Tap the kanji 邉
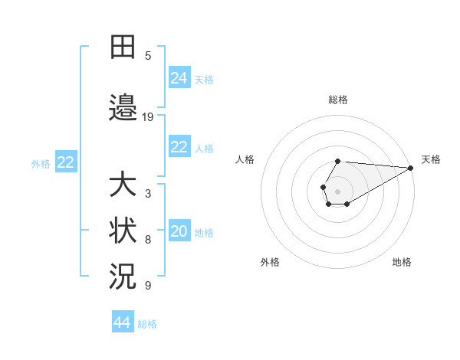[x=123, y=106]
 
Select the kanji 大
[x=123, y=185]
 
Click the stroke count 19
[x=148, y=116]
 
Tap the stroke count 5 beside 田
[x=148, y=55]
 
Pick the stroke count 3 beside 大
[x=148, y=194]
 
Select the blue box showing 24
[x=179, y=77]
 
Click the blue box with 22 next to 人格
[x=179, y=147]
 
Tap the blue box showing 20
[x=179, y=232]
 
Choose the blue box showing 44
[x=122, y=322]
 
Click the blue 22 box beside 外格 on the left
[x=66, y=162]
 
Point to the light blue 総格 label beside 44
[x=147, y=324]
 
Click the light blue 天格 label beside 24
[x=204, y=79]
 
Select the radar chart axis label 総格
[x=337, y=100]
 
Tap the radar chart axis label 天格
[x=431, y=159]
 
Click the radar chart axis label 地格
[x=402, y=262]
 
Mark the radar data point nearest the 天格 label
[x=411, y=168]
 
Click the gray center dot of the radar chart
[x=337, y=189]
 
